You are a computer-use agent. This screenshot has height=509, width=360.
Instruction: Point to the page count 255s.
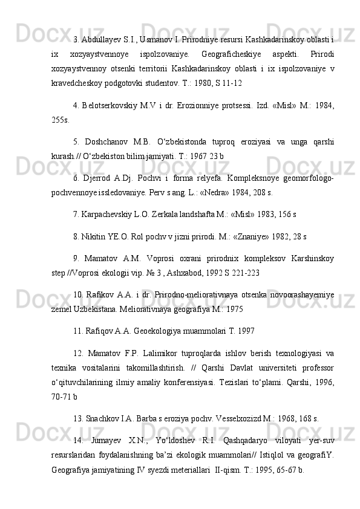(x=61, y=120)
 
